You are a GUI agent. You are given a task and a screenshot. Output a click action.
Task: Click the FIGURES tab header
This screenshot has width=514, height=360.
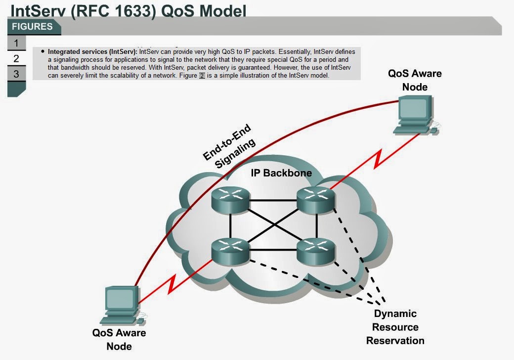click(33, 27)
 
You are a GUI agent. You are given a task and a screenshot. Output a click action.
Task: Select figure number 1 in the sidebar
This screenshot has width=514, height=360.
click(16, 43)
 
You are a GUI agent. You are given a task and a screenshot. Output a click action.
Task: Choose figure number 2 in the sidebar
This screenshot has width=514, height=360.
click(16, 59)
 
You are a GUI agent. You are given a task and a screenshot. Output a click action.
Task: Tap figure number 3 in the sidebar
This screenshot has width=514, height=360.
click(16, 74)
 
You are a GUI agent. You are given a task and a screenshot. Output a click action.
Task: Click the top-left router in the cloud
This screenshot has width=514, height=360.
click(230, 199)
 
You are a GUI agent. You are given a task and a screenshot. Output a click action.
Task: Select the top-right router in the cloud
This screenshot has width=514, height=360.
click(316, 199)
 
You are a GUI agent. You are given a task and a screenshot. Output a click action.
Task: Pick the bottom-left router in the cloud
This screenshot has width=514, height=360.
click(230, 251)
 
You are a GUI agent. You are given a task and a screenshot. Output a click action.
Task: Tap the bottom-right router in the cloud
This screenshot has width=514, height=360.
click(316, 251)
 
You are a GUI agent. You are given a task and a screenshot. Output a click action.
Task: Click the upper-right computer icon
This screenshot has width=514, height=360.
click(414, 115)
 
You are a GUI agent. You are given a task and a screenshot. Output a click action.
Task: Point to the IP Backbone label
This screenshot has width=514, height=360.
click(280, 173)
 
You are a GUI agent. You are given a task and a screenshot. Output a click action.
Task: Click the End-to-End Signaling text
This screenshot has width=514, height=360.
click(231, 146)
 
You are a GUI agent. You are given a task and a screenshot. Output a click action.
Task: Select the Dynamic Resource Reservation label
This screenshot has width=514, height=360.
click(395, 327)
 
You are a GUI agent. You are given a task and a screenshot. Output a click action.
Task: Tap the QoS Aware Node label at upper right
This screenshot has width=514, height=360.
click(414, 80)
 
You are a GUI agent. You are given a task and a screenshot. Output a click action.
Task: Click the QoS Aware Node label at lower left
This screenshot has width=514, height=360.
click(119, 339)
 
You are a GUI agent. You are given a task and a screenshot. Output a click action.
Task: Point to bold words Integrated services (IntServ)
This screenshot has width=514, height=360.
click(93, 51)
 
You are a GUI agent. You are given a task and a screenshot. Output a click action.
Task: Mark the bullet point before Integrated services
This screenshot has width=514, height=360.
click(43, 51)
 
